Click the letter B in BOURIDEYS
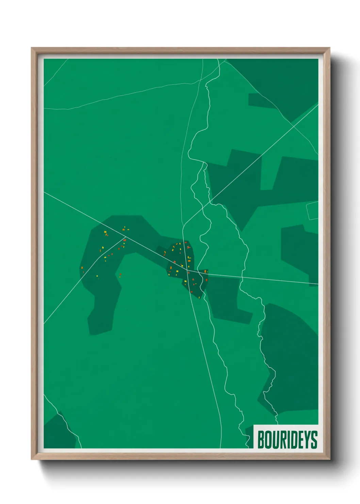pos(261,440)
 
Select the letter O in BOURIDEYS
pos(268,440)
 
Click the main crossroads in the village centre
pos(187,270)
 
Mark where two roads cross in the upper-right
pos(293,126)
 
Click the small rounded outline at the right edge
pos(313,210)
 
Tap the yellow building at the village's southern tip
pos(199,297)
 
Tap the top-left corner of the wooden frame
pos(32,48)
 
